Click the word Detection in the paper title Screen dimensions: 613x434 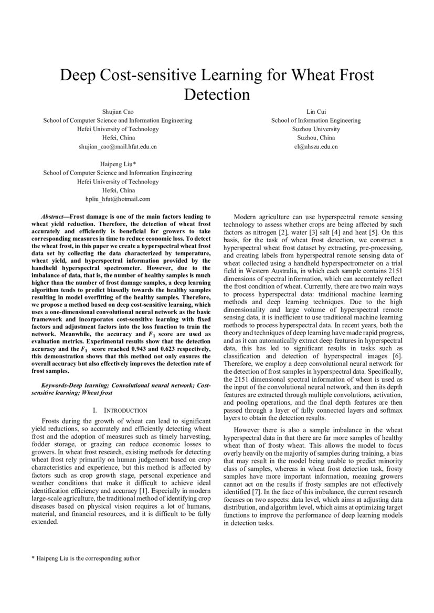pos(217,95)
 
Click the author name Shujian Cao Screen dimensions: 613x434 pos(118,112)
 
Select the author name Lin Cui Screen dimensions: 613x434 pos(316,112)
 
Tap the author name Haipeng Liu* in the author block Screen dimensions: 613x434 pos(118,164)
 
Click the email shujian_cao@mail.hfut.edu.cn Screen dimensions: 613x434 pos(118,147)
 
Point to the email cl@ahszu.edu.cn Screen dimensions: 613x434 pos(316,147)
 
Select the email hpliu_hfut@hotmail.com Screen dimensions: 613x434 pos(118,199)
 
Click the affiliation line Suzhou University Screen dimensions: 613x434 pos(316,129)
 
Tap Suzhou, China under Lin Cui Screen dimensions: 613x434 pos(316,138)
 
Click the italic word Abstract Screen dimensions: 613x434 pos(52,217)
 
